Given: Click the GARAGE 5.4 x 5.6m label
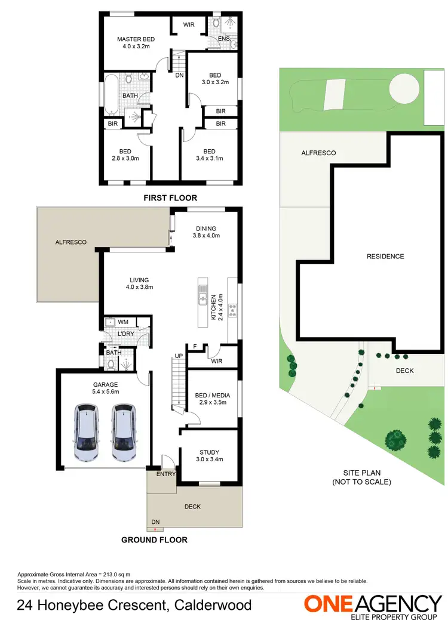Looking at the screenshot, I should tap(105, 388).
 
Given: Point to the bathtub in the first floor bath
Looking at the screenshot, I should tap(111, 94).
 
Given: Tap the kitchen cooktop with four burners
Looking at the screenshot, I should tap(232, 309).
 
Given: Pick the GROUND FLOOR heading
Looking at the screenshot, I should tap(155, 540).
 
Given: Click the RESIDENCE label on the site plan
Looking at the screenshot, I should tap(385, 257).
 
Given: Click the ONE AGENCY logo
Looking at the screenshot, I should tap(373, 604).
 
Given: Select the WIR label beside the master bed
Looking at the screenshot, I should tap(188, 25).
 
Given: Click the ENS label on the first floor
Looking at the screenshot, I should tap(224, 39).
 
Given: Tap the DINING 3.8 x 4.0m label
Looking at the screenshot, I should tap(205, 232).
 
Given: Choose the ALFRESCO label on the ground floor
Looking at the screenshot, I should tap(71, 242).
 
